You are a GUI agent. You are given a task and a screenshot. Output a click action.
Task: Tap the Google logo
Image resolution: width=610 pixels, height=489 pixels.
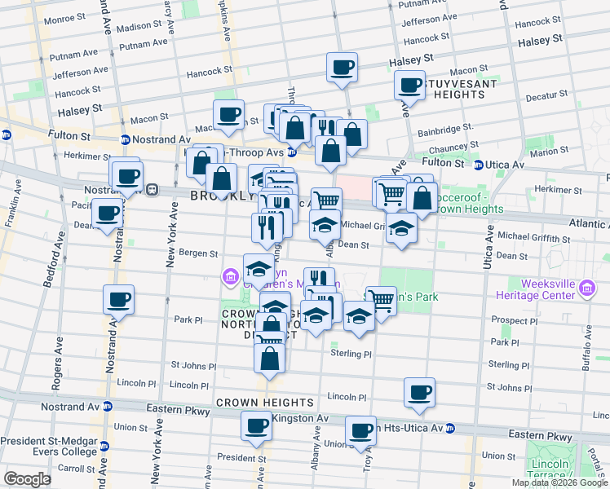(28, 478)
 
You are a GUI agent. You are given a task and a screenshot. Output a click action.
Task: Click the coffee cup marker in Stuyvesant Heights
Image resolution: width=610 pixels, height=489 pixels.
(409, 85)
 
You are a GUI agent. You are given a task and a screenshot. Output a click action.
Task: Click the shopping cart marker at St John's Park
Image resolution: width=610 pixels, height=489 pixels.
(381, 299)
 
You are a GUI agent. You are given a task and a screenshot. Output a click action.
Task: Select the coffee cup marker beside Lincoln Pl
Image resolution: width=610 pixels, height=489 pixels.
(420, 393)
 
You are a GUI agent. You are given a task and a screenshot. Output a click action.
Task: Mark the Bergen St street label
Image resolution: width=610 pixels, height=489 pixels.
(198, 254)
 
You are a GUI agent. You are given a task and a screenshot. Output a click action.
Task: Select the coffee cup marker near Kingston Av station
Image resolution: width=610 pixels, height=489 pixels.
(256, 425)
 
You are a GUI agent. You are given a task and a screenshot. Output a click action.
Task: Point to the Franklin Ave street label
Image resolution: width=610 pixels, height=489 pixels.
(11, 210)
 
